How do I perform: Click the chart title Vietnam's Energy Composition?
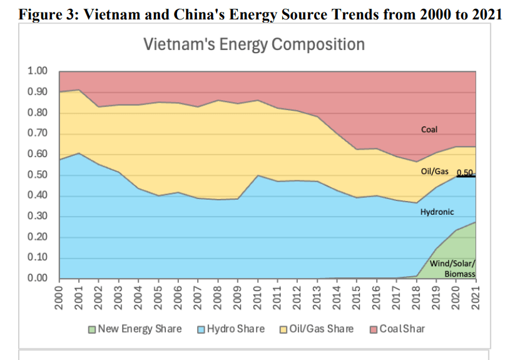tap(253, 45)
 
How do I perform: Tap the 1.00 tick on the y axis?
tap(38, 71)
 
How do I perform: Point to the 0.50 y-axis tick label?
tap(38, 175)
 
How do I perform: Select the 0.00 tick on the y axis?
tap(38, 279)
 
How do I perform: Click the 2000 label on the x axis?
tap(60, 296)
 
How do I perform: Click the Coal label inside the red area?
tap(429, 130)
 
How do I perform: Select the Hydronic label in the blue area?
tap(437, 212)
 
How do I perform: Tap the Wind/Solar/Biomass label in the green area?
tap(453, 268)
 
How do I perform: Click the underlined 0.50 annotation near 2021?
tap(464, 173)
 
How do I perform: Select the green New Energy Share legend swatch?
tap(92, 329)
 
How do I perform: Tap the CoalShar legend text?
tap(402, 329)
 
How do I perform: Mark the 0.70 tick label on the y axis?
tap(38, 133)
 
